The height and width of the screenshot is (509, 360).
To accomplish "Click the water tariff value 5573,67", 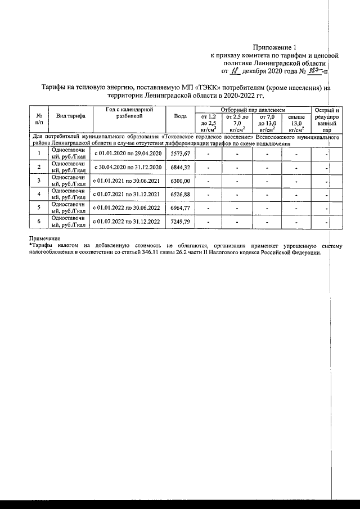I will coord(181,154).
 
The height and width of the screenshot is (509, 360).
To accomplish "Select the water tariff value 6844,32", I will coord(181,168).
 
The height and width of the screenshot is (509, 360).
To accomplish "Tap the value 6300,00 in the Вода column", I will coord(181,181).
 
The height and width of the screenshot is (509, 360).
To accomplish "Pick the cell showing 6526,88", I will coord(181,195).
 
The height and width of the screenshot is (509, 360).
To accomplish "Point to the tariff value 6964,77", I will coord(181,208).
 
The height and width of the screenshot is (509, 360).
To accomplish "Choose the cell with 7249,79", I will coord(181,222).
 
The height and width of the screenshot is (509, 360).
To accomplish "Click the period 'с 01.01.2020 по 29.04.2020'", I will coord(128,154).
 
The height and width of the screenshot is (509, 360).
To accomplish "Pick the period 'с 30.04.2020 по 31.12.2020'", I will coord(128,168).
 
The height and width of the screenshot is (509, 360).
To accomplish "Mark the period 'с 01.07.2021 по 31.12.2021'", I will coord(128,195).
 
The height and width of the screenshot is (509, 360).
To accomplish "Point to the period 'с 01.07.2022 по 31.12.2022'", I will coord(128,222).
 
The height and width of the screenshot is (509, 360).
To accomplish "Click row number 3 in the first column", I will coord(39,181).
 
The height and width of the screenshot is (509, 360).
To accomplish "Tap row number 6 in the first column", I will coord(39,222).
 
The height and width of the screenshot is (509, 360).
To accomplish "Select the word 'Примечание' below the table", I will coord(44,240).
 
